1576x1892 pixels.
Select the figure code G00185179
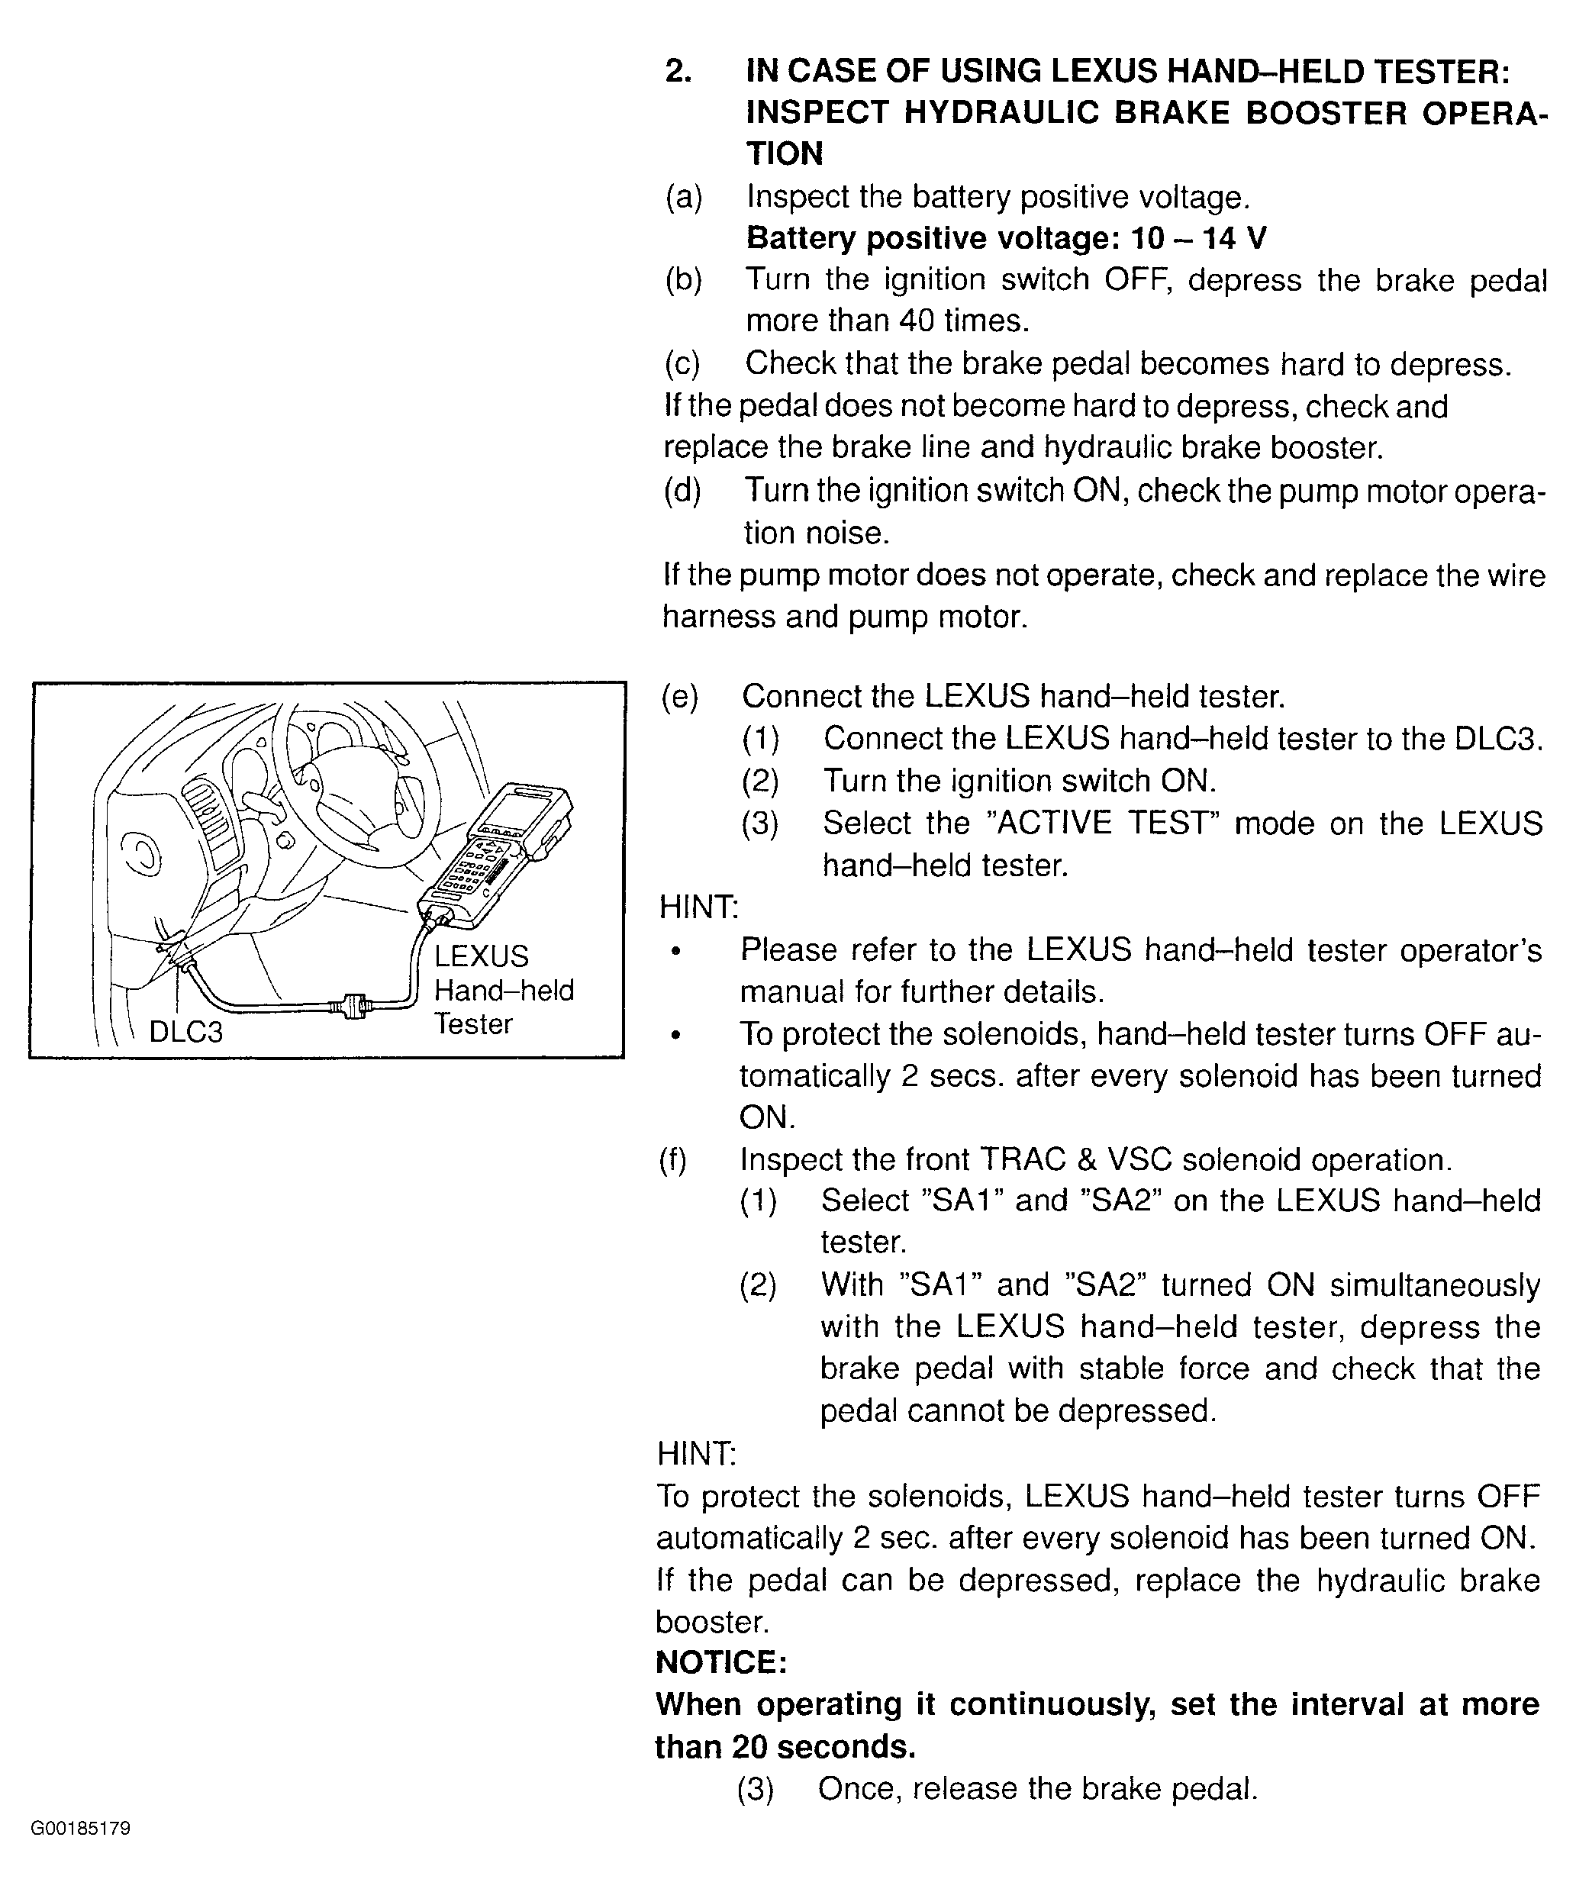(x=80, y=1828)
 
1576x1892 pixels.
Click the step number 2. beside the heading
(x=678, y=70)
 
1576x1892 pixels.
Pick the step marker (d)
(x=682, y=491)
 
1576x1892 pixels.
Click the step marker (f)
(x=673, y=1160)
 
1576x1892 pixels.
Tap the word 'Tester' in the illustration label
(x=473, y=1024)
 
